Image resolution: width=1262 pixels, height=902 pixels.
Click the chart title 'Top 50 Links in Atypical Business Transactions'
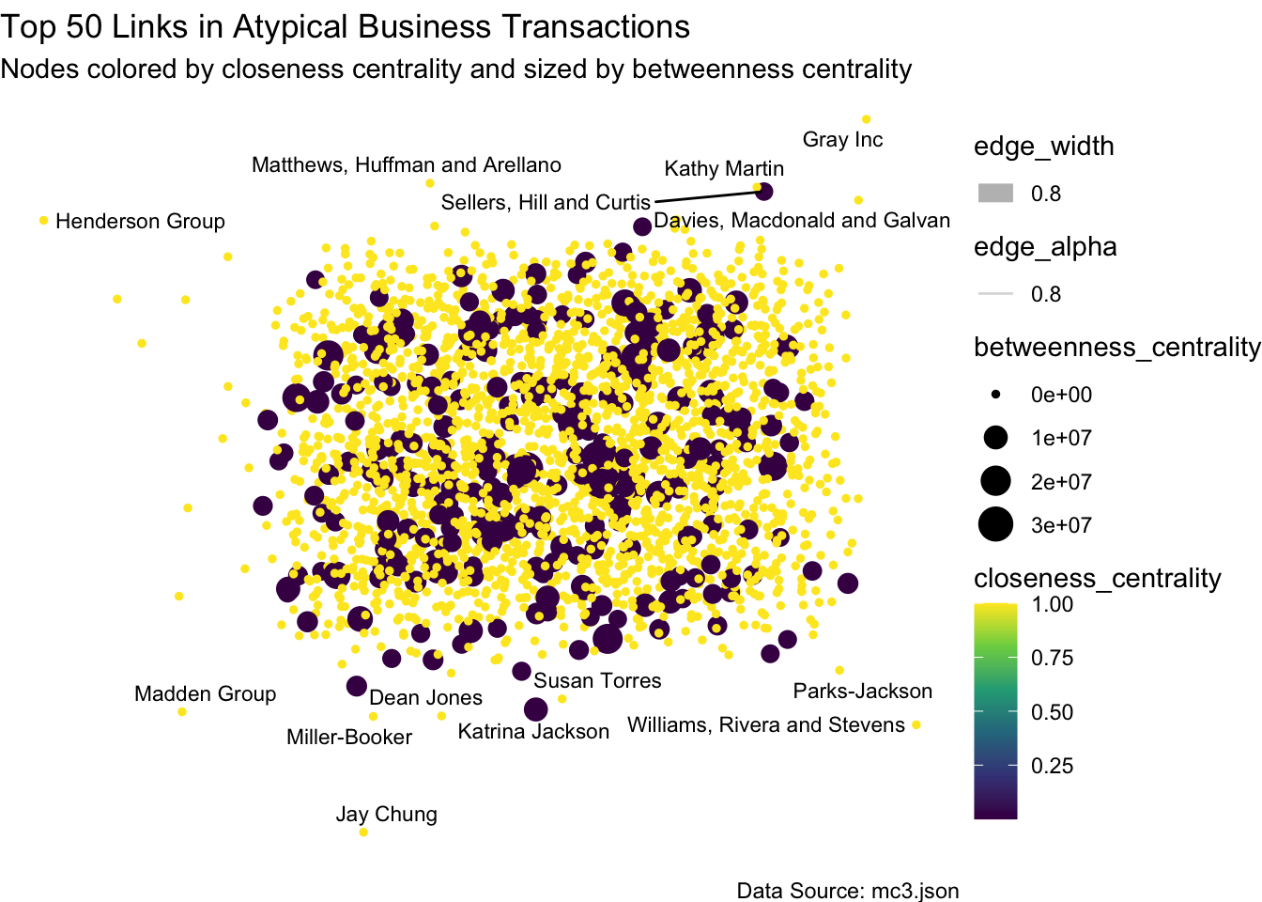(x=346, y=27)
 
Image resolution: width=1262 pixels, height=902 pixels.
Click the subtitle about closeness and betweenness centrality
(x=456, y=70)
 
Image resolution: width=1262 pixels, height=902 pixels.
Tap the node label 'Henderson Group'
(x=140, y=222)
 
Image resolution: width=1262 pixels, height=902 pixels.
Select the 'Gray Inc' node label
(x=842, y=140)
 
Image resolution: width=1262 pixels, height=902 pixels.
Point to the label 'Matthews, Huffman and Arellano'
(x=407, y=165)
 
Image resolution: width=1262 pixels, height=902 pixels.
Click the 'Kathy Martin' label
(x=724, y=169)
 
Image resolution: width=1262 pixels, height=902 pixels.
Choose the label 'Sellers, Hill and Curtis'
(x=546, y=203)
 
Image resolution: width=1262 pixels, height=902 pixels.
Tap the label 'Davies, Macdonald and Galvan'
(x=802, y=221)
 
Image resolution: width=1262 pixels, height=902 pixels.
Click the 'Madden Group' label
(x=205, y=694)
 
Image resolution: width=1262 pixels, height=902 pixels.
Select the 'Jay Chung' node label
(x=387, y=815)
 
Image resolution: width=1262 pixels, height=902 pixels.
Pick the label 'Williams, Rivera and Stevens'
(x=766, y=725)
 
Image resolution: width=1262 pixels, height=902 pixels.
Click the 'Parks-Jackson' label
(x=863, y=692)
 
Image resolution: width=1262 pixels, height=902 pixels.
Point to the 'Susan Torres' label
(x=597, y=681)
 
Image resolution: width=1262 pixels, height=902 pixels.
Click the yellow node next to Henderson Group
(x=43, y=221)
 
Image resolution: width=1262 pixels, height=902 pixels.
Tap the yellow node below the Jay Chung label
(x=363, y=832)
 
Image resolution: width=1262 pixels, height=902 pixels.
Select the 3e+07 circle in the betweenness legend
(x=995, y=525)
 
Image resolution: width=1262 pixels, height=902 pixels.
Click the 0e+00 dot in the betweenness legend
(x=995, y=395)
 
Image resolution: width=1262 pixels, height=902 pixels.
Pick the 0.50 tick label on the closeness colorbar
(x=1052, y=712)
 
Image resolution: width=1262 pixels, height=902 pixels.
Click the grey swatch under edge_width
(x=995, y=194)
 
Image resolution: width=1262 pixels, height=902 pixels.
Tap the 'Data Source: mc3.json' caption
(x=848, y=891)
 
